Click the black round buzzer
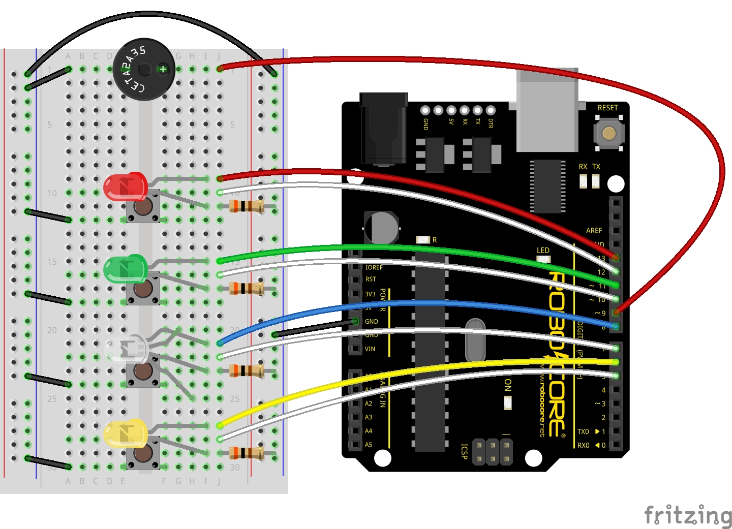tap(144, 69)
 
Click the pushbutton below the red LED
tap(143, 207)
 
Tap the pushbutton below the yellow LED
tap(143, 454)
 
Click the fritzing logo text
tap(688, 515)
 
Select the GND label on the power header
tap(372, 322)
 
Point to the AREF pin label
tap(594, 231)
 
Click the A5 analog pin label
tap(369, 445)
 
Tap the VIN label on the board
tap(370, 349)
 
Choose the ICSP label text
tap(464, 451)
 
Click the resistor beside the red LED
tap(247, 206)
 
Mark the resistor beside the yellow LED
tap(247, 453)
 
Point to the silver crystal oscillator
tap(475, 340)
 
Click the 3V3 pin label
tap(370, 294)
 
